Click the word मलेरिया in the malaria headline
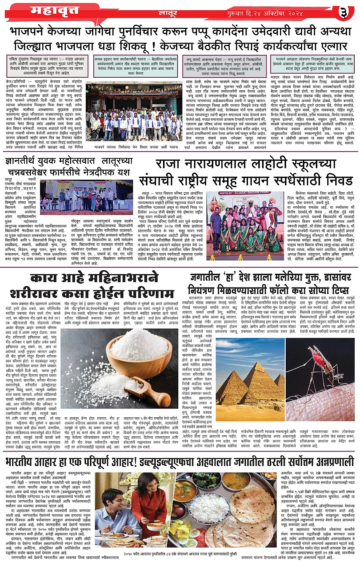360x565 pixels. coord(267,277)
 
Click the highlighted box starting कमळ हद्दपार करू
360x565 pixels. coord(136,65)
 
